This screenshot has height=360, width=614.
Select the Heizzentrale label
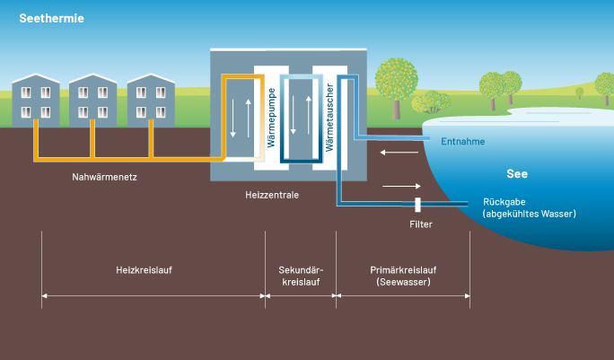click(271, 194)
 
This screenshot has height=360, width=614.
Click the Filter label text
click(420, 224)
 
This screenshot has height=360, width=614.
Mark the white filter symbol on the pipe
click(418, 205)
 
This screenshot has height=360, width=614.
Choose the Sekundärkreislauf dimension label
click(302, 275)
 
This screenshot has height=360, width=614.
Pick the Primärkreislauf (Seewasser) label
click(402, 275)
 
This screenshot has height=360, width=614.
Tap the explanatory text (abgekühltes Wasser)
click(529, 214)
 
